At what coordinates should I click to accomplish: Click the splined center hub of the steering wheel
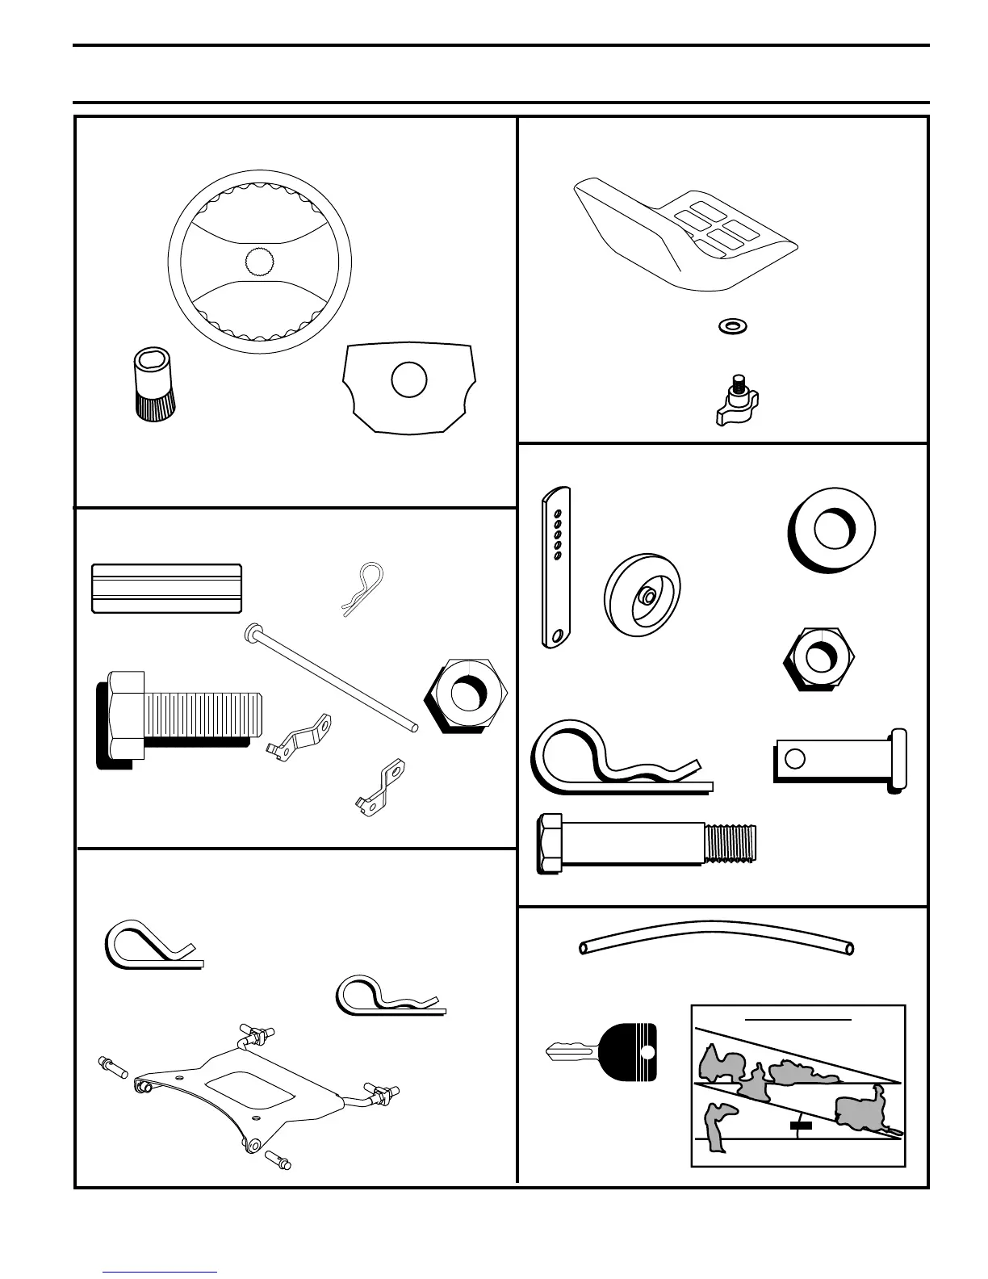click(x=260, y=262)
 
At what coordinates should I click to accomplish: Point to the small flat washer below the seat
click(x=732, y=326)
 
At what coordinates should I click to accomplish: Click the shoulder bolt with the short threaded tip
click(x=648, y=844)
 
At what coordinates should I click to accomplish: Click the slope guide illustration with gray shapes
click(x=798, y=1085)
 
